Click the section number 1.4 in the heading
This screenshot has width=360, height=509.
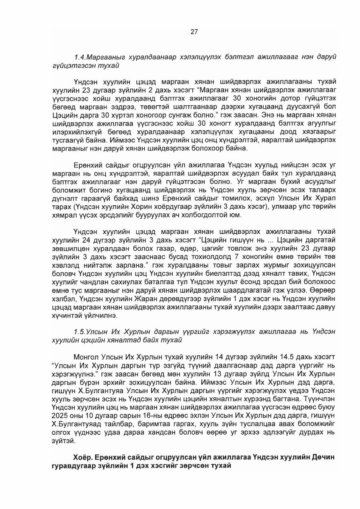(x=79, y=57)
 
